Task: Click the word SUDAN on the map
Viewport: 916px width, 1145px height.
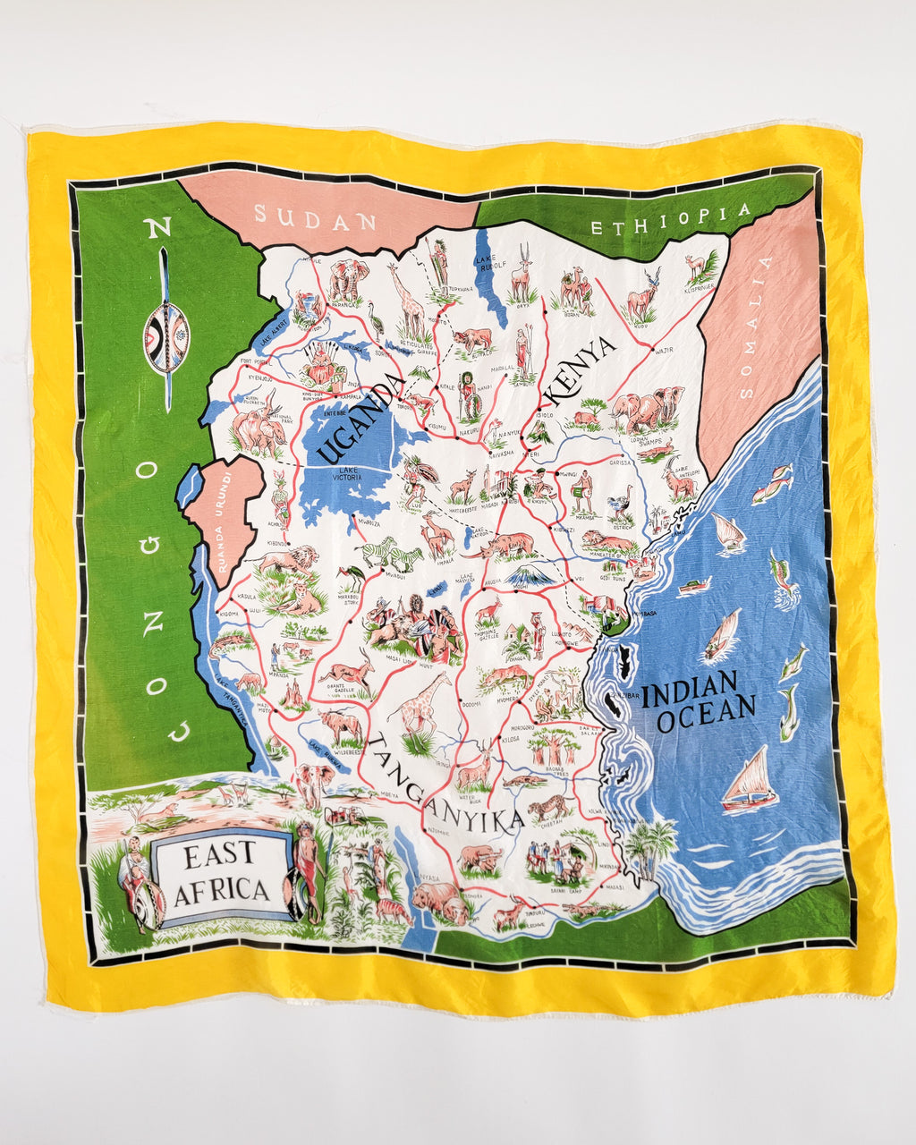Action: point(314,218)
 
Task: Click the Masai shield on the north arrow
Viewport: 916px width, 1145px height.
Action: point(166,337)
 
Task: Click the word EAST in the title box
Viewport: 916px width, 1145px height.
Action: point(219,857)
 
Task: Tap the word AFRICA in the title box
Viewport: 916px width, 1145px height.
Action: point(221,891)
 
